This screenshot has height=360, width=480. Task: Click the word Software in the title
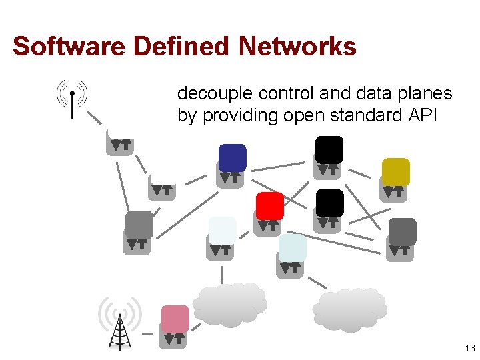(x=69, y=47)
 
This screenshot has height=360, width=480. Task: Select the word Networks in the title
(x=297, y=47)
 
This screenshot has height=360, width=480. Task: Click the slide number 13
(x=470, y=349)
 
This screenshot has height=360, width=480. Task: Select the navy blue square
(x=233, y=158)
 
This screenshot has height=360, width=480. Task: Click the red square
(x=270, y=206)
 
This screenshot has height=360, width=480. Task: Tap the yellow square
(x=395, y=171)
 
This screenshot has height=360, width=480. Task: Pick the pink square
(x=175, y=319)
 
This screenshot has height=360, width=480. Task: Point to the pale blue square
(x=292, y=247)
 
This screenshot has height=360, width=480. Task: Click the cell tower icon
(x=120, y=323)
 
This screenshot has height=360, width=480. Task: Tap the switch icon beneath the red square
(x=267, y=226)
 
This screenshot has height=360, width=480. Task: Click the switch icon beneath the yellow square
(x=393, y=191)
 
